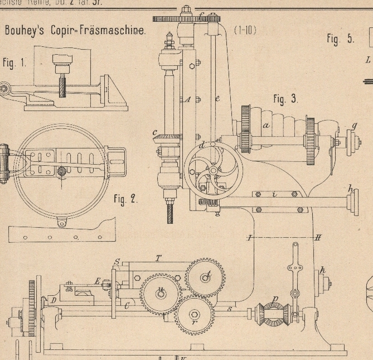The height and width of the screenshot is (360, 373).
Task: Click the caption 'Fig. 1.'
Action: coord(14,63)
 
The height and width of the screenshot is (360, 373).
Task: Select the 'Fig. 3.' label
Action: coord(285,99)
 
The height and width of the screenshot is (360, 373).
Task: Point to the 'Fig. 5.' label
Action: coord(340,39)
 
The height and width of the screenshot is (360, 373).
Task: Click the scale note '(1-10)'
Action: coord(245,30)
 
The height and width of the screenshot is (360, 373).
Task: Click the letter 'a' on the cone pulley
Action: coord(267,125)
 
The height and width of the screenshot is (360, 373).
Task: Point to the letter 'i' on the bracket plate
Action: coord(274,194)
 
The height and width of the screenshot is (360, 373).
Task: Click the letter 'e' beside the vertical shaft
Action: coord(217,98)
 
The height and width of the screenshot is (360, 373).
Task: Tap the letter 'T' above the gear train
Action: coord(158,258)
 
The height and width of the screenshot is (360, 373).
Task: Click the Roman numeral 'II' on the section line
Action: coord(317,238)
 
